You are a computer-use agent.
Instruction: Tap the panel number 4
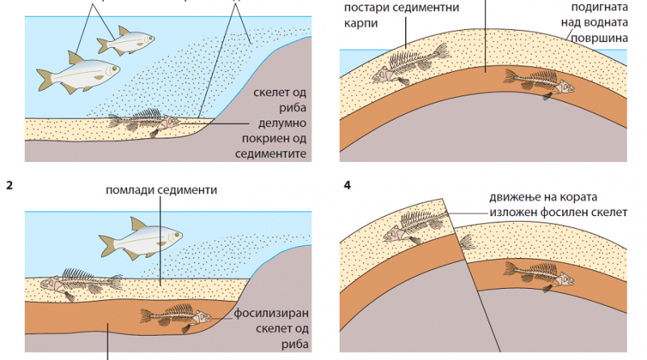click(347, 185)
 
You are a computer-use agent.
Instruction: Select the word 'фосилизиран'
click(271, 311)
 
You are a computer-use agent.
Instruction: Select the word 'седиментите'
click(275, 153)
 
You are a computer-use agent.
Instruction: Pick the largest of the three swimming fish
click(78, 75)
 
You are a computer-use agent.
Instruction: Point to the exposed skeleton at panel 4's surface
click(412, 223)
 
